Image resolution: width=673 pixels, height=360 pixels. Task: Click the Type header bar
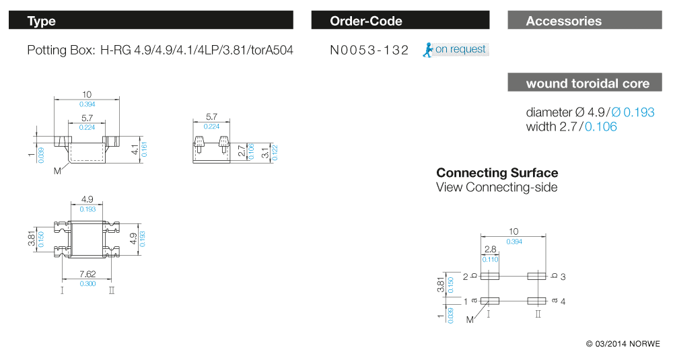151,21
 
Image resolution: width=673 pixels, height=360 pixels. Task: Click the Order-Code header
400,21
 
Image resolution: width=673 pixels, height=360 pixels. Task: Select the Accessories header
584,21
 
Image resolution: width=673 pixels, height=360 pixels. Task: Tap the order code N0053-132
369,50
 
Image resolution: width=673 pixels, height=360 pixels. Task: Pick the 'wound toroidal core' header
584,83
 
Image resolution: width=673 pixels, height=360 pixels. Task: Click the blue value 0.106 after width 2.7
600,127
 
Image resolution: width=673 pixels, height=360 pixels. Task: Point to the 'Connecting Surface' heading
497,173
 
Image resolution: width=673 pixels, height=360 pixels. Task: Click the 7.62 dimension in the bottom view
87,274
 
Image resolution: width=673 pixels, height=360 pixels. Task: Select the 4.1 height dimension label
135,149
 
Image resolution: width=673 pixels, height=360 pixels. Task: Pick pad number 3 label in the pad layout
563,277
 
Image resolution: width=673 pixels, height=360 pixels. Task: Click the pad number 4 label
563,301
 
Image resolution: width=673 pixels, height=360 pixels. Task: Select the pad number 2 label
465,277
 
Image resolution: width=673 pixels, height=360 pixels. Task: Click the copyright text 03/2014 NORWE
623,344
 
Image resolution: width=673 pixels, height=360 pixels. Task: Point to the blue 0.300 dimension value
87,284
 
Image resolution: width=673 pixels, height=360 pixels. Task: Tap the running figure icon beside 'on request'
427,49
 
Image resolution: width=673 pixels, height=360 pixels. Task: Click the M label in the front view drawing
58,171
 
